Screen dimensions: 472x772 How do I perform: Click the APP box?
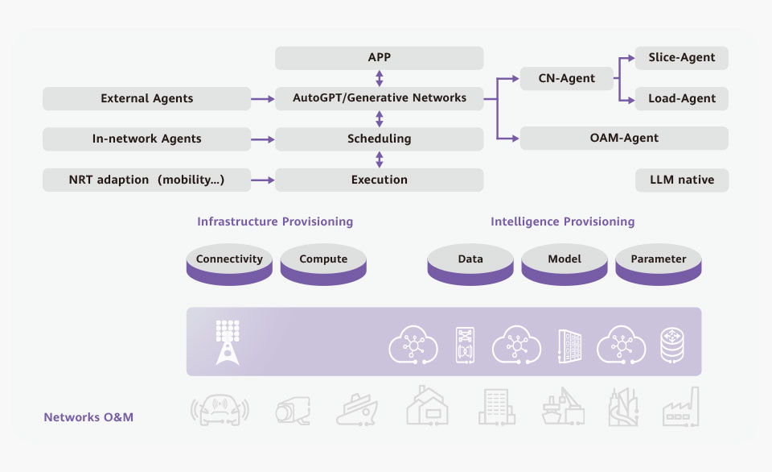tap(379, 58)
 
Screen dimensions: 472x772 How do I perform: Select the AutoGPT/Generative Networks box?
tap(379, 98)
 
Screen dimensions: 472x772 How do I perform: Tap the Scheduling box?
tap(379, 139)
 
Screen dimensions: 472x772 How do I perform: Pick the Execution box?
tap(379, 180)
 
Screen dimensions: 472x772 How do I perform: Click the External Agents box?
tap(146, 98)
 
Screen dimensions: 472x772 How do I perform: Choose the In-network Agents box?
tap(146, 139)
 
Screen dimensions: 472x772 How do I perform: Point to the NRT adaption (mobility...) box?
tap(146, 180)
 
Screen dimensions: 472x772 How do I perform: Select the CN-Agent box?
tap(567, 78)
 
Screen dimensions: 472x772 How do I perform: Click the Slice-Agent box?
tap(682, 58)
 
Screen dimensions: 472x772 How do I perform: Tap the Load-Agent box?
tap(682, 99)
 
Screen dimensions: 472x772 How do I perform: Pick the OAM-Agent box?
tap(624, 138)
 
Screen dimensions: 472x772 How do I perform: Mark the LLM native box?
tap(682, 180)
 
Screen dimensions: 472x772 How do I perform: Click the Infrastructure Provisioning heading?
tap(275, 222)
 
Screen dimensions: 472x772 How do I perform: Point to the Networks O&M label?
tap(88, 417)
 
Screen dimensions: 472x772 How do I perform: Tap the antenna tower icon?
tap(228, 342)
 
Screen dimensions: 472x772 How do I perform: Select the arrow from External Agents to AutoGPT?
tap(262, 99)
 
